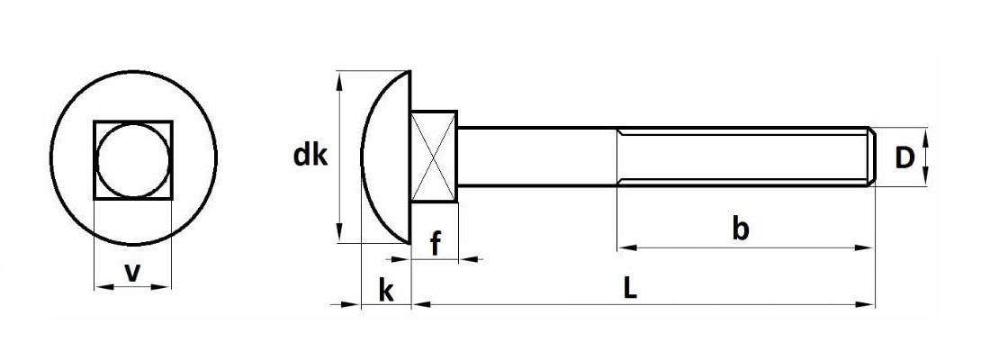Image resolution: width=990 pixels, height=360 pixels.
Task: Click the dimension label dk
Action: click(x=310, y=156)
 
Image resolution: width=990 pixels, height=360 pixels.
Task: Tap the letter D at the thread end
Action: click(x=904, y=158)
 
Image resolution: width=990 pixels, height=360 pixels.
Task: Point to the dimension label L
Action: click(x=629, y=289)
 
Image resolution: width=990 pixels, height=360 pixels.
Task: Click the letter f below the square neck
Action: click(x=435, y=243)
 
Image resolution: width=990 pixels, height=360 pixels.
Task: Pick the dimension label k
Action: click(x=386, y=291)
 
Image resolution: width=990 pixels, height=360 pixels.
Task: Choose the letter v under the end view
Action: click(x=132, y=272)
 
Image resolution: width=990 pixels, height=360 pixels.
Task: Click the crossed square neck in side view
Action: click(x=434, y=157)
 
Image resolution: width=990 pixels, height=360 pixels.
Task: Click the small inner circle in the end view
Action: click(x=132, y=160)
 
